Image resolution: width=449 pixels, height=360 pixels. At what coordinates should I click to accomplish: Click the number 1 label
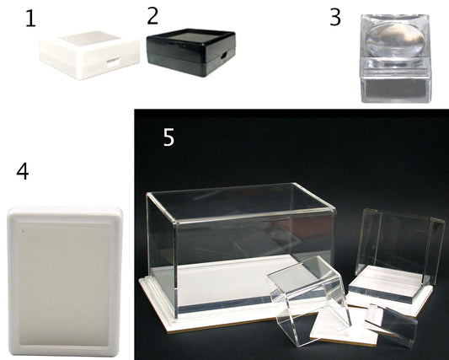(30, 19)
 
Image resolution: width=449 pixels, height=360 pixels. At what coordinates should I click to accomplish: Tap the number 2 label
(152, 16)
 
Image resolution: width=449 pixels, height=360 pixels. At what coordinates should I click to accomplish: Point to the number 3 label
(335, 17)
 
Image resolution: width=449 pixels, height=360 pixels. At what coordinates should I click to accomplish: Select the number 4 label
(23, 172)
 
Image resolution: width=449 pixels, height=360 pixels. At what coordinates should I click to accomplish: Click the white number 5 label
(168, 137)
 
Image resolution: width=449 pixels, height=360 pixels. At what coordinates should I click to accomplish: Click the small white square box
(89, 55)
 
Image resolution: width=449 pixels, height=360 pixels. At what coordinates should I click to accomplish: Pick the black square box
(191, 52)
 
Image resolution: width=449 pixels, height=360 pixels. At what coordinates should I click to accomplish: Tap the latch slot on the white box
(113, 62)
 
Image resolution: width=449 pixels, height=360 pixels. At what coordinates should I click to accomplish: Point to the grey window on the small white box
(88, 38)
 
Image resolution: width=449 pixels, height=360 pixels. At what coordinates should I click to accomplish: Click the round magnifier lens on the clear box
(395, 40)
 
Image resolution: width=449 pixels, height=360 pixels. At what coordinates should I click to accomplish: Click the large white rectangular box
(66, 282)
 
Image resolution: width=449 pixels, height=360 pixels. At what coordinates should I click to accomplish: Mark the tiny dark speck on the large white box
(24, 230)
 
